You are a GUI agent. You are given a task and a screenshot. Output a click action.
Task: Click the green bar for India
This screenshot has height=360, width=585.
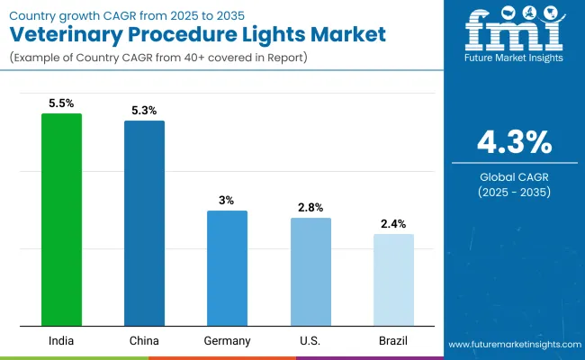click(61, 220)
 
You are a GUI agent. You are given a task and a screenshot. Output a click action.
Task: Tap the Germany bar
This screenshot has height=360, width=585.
click(227, 268)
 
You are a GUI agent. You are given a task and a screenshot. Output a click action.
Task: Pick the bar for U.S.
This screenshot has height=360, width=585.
click(310, 272)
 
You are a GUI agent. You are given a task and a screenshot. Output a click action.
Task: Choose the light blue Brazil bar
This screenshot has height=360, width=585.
click(393, 280)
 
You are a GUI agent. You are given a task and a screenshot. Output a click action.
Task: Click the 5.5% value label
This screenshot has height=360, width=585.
click(61, 103)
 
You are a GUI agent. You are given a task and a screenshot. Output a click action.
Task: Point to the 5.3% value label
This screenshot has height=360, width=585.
click(144, 111)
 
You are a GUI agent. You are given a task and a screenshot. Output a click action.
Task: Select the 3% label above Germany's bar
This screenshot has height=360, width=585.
click(227, 200)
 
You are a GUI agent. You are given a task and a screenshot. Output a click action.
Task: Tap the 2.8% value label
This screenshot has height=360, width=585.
click(310, 207)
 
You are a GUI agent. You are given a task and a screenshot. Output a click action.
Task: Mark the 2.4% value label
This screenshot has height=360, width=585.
click(393, 223)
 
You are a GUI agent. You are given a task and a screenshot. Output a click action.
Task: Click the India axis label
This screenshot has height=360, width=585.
click(61, 340)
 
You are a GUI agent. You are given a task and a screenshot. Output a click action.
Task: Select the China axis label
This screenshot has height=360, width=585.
click(144, 340)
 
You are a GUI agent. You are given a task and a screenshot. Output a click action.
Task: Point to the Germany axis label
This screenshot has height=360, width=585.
click(227, 340)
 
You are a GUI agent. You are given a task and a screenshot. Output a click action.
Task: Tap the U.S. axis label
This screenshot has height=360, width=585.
click(310, 340)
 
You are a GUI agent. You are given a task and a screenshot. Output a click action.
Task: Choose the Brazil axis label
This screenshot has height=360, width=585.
click(393, 340)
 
